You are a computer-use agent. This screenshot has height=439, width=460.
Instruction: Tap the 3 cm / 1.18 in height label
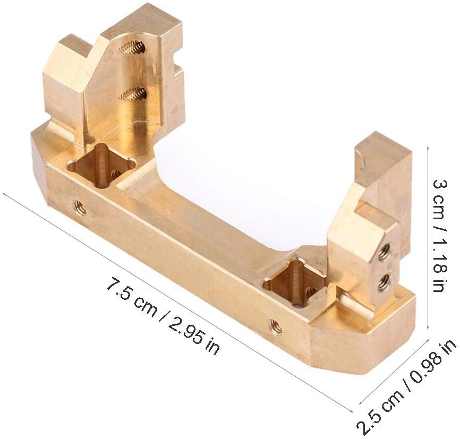pyautogui.click(x=441, y=236)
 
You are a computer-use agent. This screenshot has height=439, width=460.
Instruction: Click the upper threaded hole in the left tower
pyautogui.click(x=132, y=47)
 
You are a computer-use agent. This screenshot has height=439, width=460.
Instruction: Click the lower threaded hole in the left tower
pyautogui.click(x=133, y=94)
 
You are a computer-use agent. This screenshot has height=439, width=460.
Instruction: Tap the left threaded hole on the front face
pyautogui.click(x=79, y=208)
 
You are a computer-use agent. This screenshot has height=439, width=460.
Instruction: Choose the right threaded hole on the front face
pyautogui.click(x=276, y=327)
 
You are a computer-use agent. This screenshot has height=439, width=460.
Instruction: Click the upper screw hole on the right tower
pyautogui.click(x=385, y=251)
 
